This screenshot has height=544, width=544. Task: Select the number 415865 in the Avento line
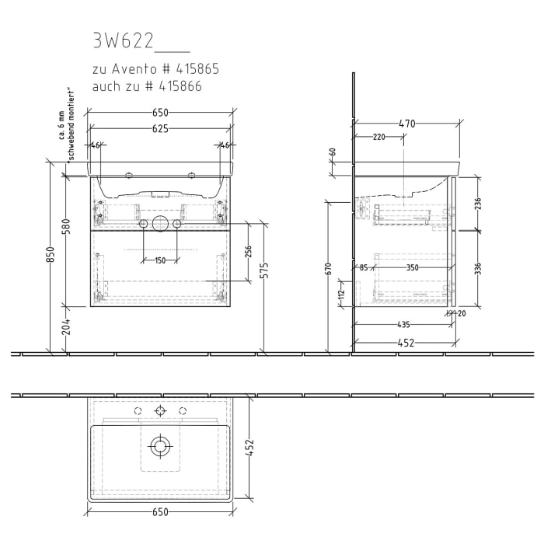[x=194, y=69]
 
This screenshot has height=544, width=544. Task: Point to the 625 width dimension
[x=160, y=128]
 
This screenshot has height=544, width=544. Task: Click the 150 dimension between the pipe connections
[x=160, y=260]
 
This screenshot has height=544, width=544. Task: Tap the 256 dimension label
[x=249, y=252]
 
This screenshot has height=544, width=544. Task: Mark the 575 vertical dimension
[x=264, y=270]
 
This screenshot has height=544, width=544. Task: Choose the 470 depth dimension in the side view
[x=407, y=123]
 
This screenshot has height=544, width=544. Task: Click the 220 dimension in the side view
[x=379, y=137]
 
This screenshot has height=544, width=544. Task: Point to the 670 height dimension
[x=330, y=268]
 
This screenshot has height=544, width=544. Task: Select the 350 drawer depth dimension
[x=412, y=268]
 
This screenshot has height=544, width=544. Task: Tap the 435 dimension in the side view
[x=403, y=325]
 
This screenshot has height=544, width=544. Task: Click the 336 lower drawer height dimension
[x=478, y=269]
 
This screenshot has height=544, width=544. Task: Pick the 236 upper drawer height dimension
[x=478, y=204]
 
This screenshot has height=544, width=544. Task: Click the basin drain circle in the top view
[x=160, y=446]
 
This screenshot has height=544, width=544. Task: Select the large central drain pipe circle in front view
[x=160, y=225]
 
